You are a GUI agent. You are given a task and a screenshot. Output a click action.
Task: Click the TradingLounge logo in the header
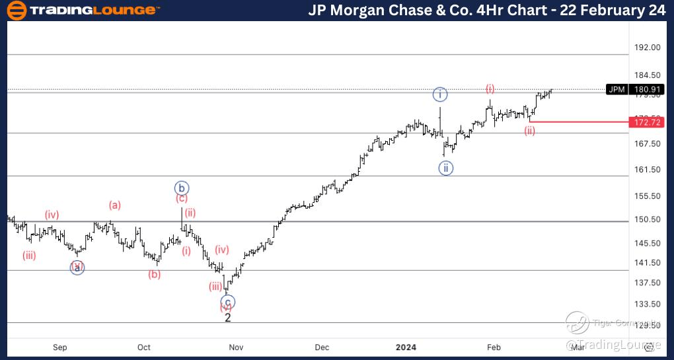click(x=83, y=10)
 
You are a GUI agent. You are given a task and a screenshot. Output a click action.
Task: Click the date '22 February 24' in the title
click(x=613, y=10)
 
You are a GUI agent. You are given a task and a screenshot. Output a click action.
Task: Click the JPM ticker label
click(x=617, y=89)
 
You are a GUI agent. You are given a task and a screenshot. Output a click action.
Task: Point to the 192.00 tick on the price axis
click(x=647, y=48)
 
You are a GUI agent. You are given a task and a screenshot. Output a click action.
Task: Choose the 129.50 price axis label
click(x=647, y=325)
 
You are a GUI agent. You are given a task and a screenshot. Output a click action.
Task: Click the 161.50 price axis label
click(x=647, y=170)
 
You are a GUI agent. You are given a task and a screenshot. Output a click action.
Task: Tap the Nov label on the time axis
click(x=236, y=347)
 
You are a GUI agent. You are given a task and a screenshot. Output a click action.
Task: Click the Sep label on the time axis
click(x=60, y=347)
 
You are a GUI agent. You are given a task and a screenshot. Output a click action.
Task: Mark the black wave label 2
click(x=228, y=318)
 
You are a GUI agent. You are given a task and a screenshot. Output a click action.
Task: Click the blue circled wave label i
click(x=441, y=94)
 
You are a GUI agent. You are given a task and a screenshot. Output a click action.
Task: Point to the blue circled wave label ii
click(x=446, y=168)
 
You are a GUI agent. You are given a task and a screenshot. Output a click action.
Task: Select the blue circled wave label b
click(x=182, y=187)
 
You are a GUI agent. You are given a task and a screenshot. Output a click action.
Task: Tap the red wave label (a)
click(x=115, y=205)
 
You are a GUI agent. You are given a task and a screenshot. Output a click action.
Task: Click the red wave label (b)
click(x=154, y=275)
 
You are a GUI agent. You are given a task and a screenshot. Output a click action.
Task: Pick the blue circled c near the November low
click(x=229, y=303)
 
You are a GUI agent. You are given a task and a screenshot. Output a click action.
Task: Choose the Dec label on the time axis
click(x=322, y=347)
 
